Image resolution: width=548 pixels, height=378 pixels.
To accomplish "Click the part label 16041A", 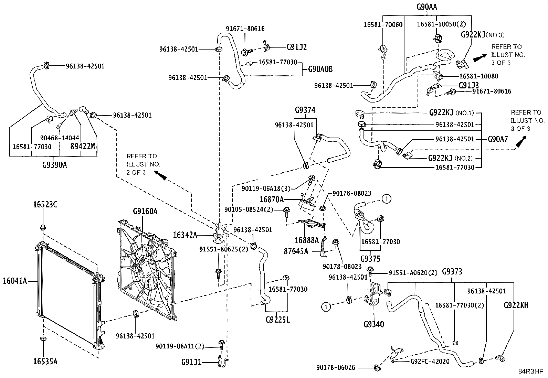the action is pos(15,281).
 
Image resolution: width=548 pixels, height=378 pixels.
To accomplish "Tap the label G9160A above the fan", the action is pos(145,211).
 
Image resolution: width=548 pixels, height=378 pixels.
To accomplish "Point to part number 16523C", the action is pos(45,204).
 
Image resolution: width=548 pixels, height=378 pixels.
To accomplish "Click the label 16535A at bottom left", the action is pos(45,361).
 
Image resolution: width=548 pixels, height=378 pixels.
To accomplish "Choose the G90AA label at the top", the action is pos(426,7).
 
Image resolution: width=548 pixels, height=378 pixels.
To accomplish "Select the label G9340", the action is pos(373,324).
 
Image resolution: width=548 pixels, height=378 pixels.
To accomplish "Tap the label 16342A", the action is pos(185,235).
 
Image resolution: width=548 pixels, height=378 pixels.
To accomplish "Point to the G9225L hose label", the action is pos(278,320).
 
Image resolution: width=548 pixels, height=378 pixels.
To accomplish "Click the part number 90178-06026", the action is pos(336,367).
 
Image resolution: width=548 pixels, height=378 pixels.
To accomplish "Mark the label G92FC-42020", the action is pos(430,361).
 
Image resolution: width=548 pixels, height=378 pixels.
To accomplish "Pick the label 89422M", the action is pos(83,146).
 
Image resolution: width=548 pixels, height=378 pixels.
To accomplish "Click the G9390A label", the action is pos(54,165).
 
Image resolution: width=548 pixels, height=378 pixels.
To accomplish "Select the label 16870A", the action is pos(271,199).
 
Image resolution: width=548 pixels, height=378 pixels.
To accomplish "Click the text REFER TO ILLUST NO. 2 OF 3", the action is pos(143,164).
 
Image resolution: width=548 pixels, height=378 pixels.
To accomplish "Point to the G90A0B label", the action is pos(320,69).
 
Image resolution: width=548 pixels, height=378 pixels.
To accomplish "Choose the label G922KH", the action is pos(516,305).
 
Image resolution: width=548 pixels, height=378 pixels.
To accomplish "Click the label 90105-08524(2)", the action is pos(249,209).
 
